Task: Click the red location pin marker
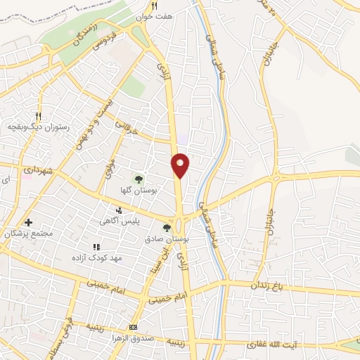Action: [x=181, y=165]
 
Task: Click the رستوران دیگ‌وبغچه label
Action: [x=37, y=127]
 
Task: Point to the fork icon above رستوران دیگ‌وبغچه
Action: [x=39, y=116]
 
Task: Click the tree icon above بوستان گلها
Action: [x=139, y=179]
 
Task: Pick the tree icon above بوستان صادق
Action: [x=167, y=227]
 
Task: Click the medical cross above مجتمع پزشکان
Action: [x=28, y=223]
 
